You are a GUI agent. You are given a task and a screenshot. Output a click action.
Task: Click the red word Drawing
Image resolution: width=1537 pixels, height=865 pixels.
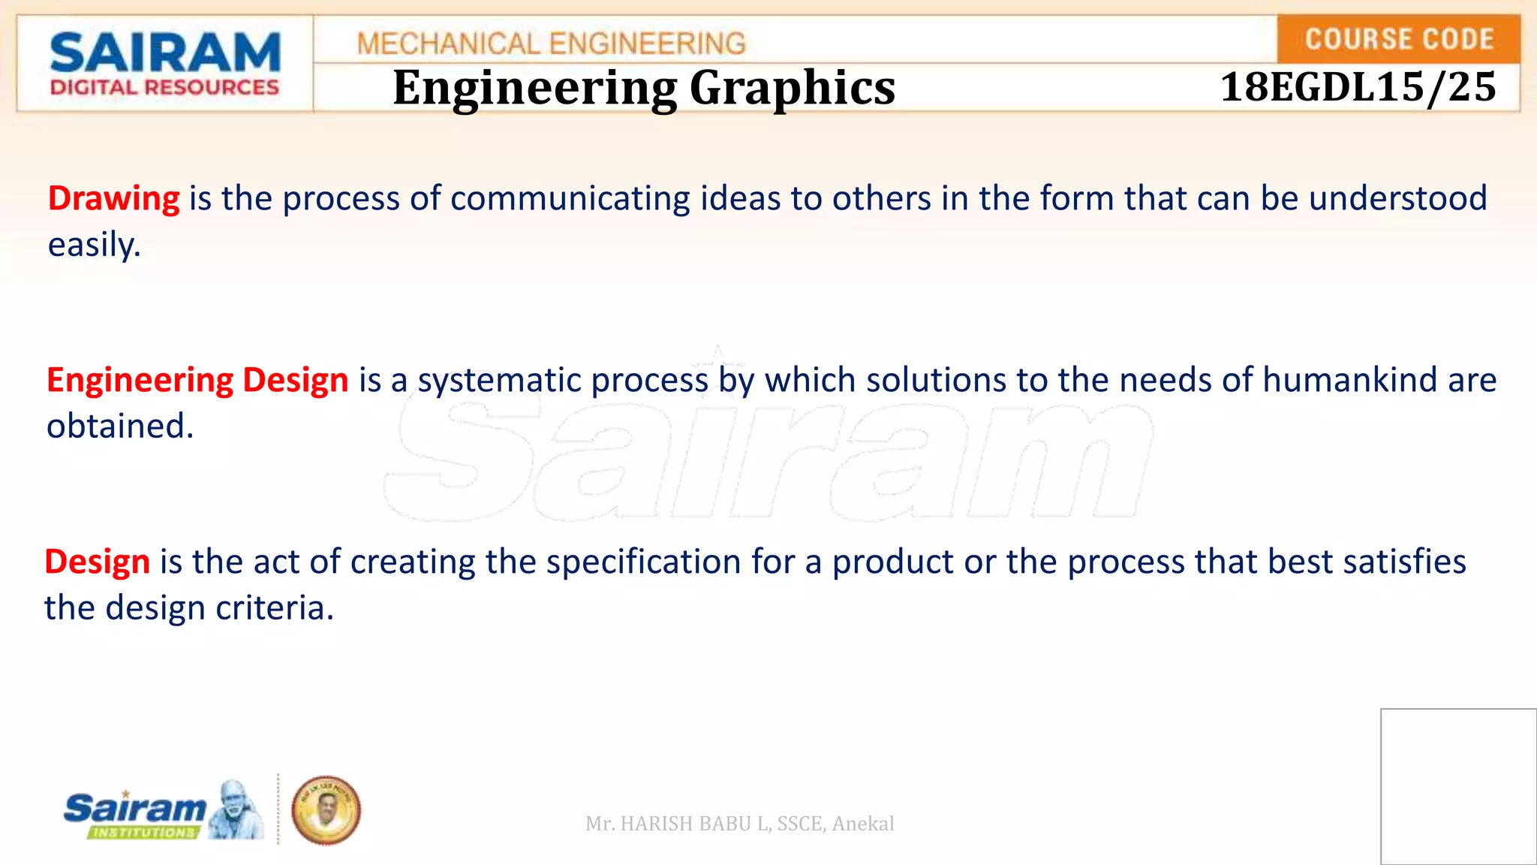(113, 199)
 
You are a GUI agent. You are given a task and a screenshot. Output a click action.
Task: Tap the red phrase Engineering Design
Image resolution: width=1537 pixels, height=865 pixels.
(197, 380)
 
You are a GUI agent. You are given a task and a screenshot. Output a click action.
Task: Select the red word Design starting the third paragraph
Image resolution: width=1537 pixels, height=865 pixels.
(97, 562)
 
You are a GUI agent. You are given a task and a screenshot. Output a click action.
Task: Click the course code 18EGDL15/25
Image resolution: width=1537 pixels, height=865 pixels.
(1358, 87)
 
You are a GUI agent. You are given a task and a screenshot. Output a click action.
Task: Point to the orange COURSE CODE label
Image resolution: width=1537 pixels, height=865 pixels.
(1399, 39)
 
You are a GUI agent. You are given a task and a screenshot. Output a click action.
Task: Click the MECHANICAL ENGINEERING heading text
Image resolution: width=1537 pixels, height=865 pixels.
(551, 44)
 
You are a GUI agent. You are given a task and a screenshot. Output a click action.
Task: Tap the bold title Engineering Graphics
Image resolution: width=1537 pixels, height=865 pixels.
(644, 88)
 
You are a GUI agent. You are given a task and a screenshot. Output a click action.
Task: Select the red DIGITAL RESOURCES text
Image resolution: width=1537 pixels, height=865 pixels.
(164, 88)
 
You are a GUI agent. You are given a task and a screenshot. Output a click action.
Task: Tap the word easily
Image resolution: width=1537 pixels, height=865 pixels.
(94, 246)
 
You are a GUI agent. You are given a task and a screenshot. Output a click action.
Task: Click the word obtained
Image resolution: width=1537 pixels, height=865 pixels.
(120, 426)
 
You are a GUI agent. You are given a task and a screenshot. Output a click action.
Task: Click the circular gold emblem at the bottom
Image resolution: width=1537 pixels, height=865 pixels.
(326, 811)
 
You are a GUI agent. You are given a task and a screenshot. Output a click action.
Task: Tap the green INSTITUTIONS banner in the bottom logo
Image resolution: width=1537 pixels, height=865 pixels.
(143, 832)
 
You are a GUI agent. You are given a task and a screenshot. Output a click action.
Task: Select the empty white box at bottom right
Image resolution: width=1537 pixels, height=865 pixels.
(1458, 786)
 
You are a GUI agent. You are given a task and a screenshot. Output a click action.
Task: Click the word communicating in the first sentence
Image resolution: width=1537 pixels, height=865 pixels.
(570, 199)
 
